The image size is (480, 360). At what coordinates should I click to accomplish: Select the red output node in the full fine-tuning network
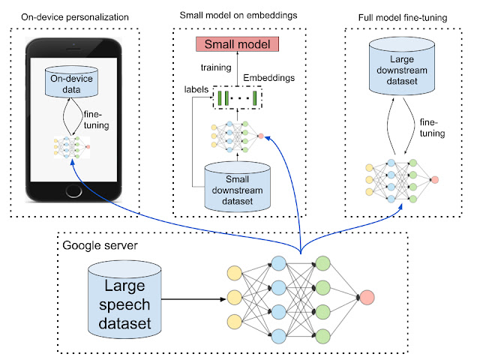pos(435,179)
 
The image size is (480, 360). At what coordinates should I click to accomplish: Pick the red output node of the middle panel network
pos(259,136)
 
